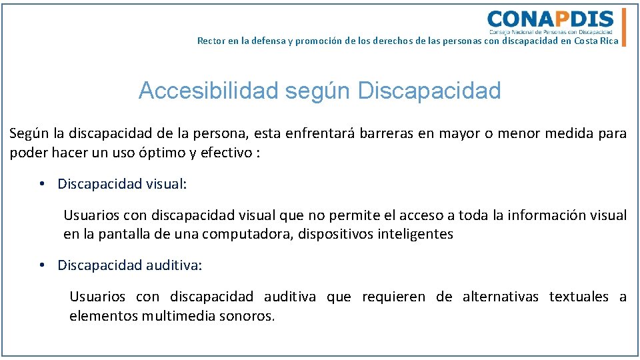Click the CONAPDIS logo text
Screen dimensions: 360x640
click(x=550, y=19)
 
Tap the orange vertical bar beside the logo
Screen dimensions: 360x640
click(x=624, y=27)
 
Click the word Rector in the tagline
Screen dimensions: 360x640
click(x=211, y=41)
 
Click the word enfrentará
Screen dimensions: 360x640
click(x=319, y=133)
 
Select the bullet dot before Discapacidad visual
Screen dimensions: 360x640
click(x=41, y=184)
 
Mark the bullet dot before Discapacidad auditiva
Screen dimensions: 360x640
click(x=41, y=265)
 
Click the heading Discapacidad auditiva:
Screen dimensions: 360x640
click(x=129, y=265)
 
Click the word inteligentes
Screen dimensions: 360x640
click(x=415, y=234)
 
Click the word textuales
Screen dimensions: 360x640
click(x=579, y=297)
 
